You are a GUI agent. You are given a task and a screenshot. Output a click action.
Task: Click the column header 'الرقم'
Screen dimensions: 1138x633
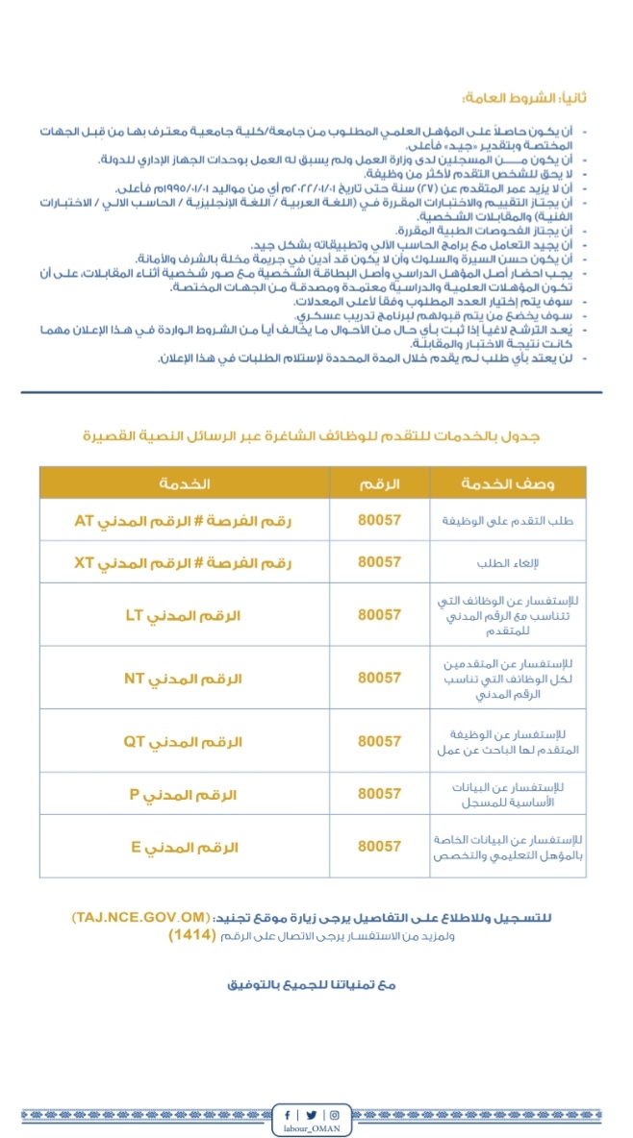tap(379, 483)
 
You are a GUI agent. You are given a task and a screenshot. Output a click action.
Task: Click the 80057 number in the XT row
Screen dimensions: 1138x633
tap(379, 562)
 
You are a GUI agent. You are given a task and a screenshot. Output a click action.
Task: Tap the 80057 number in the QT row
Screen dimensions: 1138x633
tap(379, 741)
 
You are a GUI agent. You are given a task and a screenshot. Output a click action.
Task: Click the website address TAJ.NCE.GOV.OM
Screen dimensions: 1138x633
tap(140, 917)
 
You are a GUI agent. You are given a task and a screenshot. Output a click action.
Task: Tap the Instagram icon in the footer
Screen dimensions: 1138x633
tap(334, 1115)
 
